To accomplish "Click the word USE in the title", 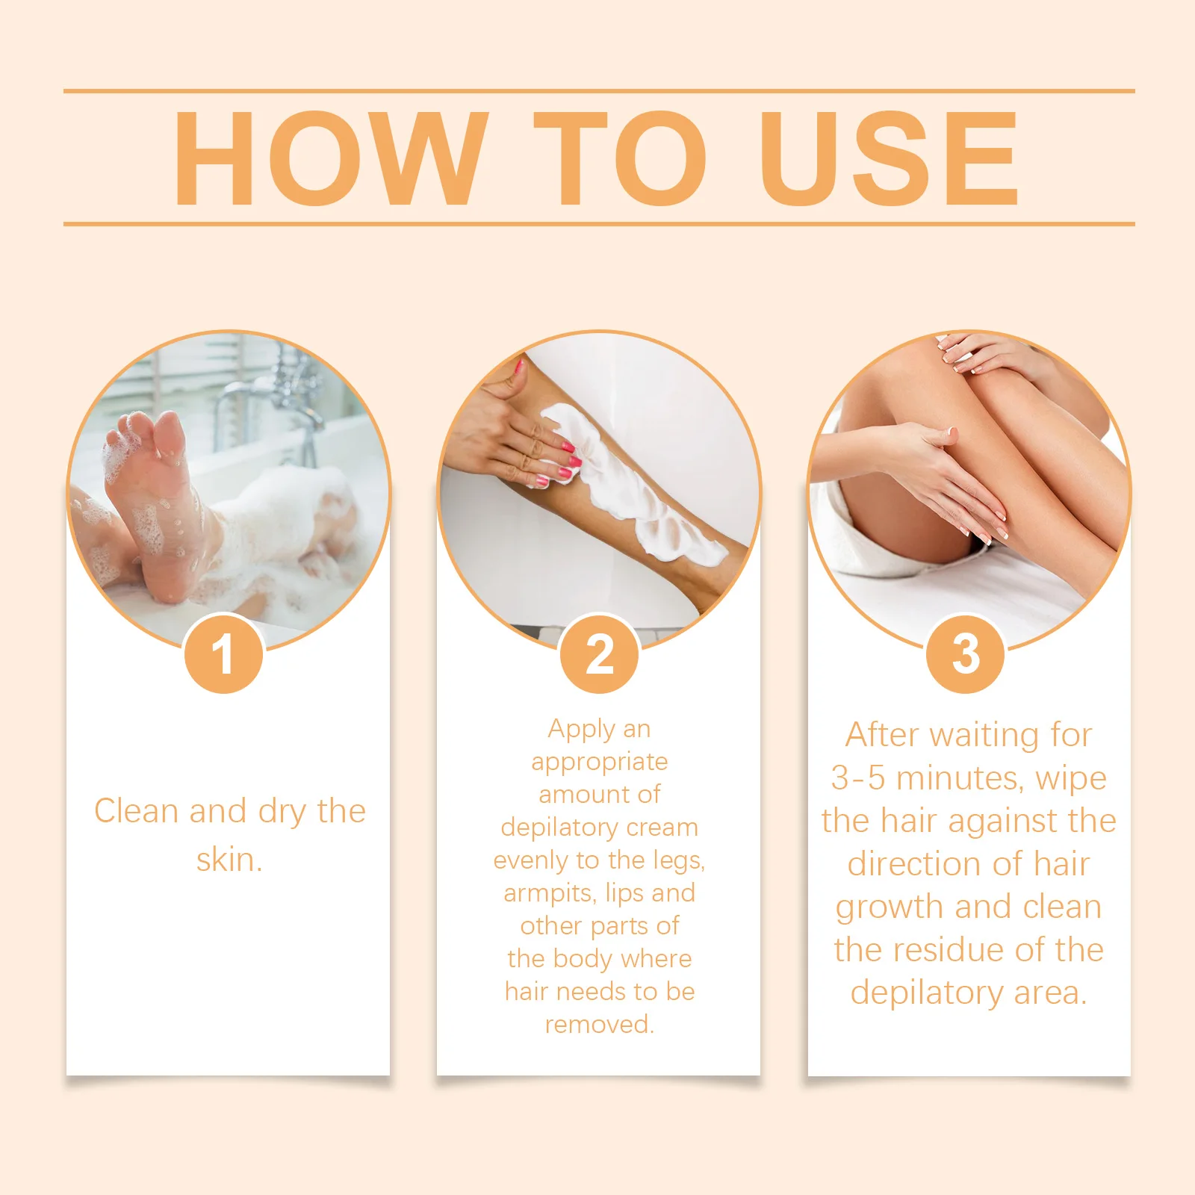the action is pyautogui.click(x=889, y=158).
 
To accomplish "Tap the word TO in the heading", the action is pyautogui.click(x=620, y=158).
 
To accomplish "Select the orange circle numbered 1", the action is pyautogui.click(x=223, y=654).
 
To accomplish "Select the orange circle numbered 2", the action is pyautogui.click(x=600, y=654).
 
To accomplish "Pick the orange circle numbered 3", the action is pyautogui.click(x=966, y=654).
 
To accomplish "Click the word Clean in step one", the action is pyautogui.click(x=137, y=811).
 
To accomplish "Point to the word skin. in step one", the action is pyautogui.click(x=229, y=860).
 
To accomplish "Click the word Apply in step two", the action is pyautogui.click(x=581, y=730).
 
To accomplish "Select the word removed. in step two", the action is pyautogui.click(x=600, y=1025).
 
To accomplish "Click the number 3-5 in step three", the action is pyautogui.click(x=858, y=778).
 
